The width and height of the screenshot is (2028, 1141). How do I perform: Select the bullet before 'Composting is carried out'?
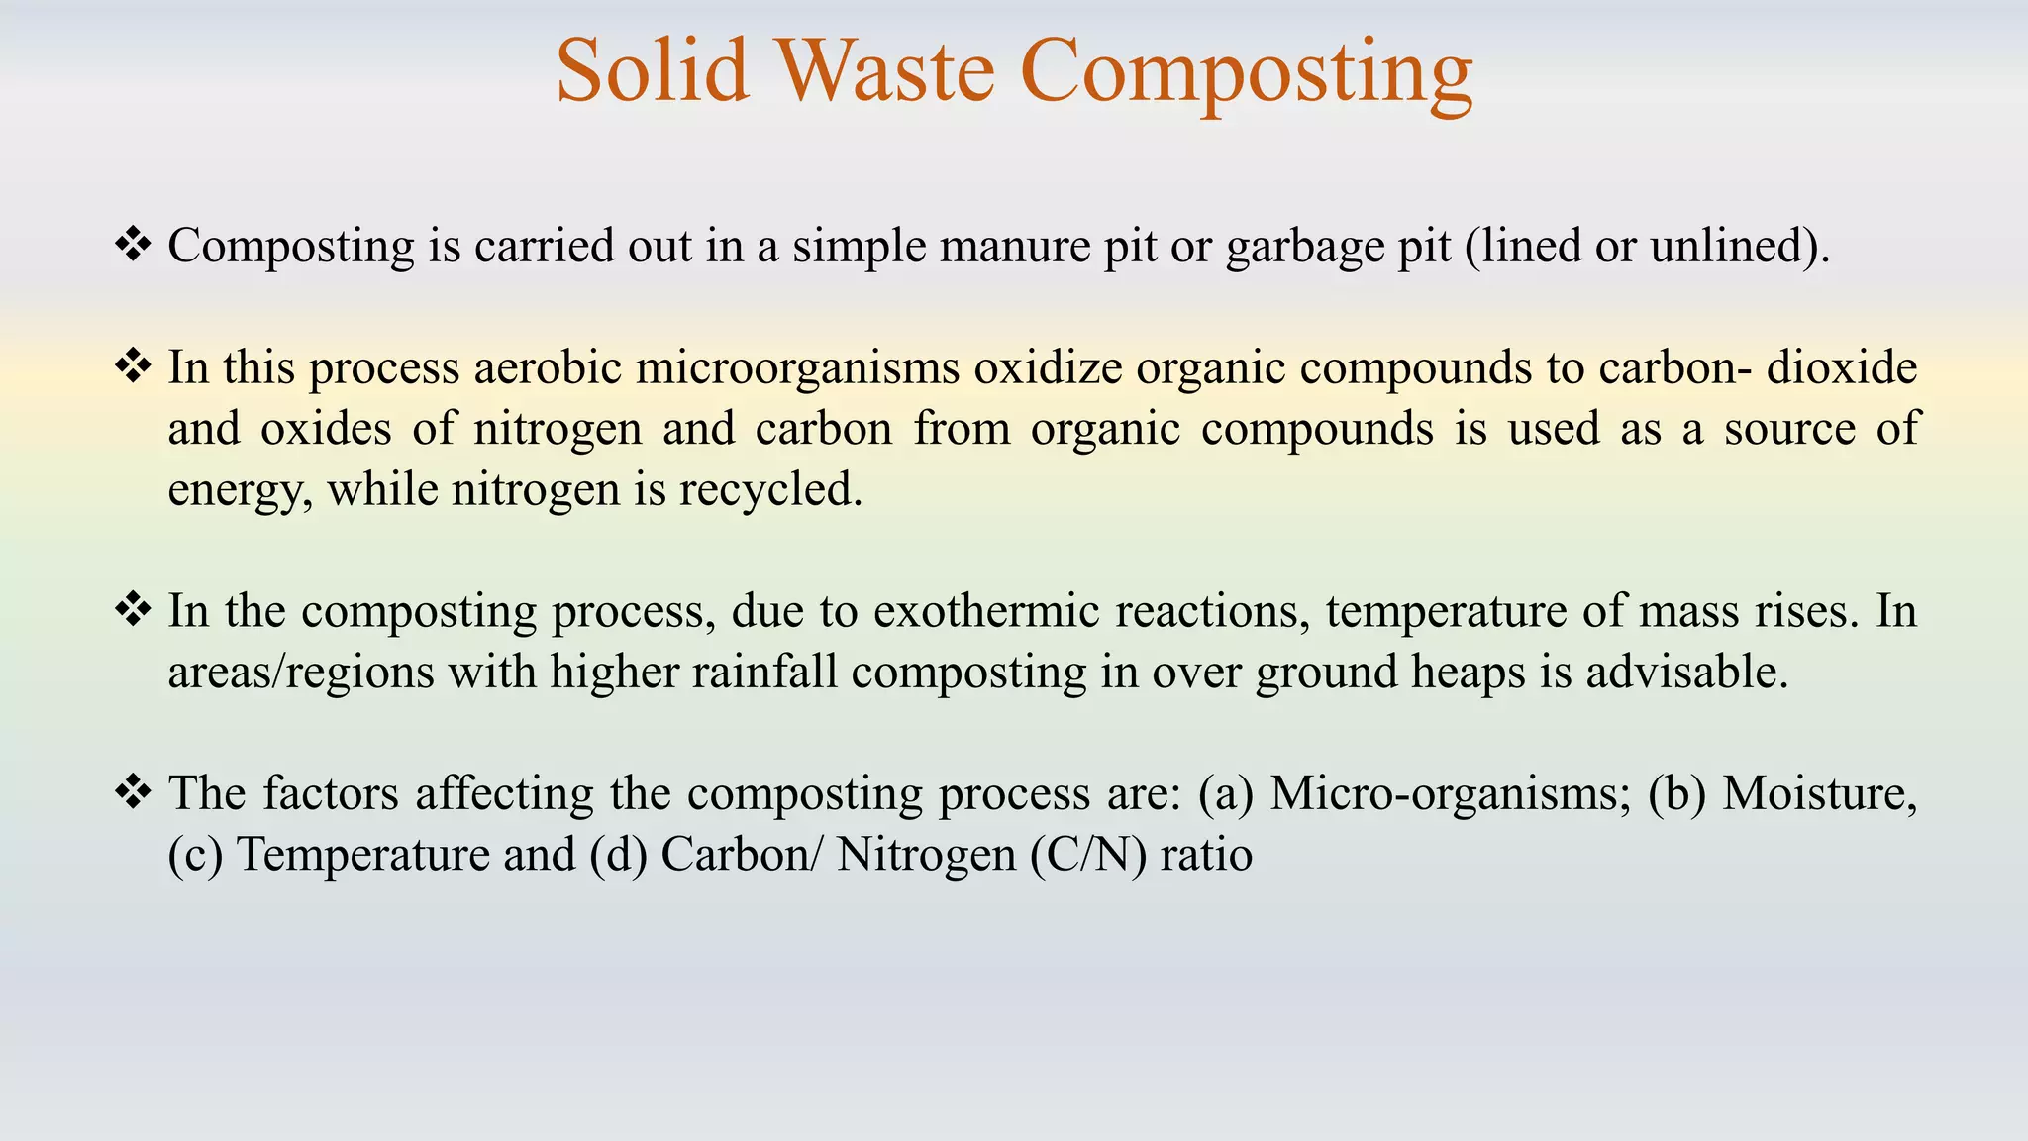133,244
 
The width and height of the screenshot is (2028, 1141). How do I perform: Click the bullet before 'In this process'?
133,366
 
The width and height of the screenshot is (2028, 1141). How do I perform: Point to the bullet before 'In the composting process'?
133,609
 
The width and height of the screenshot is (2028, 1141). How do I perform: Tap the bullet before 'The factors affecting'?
133,792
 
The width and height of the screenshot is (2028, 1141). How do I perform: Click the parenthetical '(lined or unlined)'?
1646,246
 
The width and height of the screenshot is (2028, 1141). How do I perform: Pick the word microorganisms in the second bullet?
797,368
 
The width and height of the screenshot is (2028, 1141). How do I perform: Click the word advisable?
1686,673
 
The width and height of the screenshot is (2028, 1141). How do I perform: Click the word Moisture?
1819,794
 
